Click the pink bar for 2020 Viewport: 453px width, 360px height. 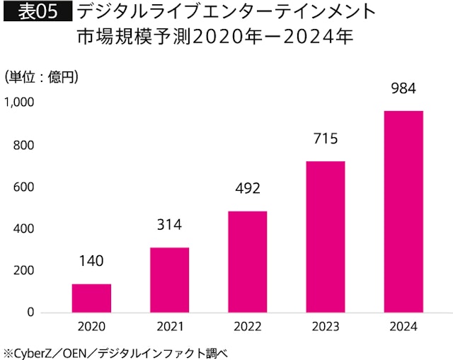(92, 298)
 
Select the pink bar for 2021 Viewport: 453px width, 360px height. (170, 280)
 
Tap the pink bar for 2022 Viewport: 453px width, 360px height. (248, 262)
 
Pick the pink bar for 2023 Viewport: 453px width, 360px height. (326, 237)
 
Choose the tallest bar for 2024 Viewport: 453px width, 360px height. (403, 211)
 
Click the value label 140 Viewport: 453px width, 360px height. (92, 261)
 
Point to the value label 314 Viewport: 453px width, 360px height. (170, 225)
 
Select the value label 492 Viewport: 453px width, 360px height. (248, 189)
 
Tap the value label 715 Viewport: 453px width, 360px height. (326, 139)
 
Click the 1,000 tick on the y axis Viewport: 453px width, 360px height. (19, 103)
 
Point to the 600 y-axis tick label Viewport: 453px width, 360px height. (23, 187)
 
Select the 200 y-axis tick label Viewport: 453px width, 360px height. (23, 271)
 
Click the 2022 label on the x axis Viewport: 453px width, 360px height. (248, 327)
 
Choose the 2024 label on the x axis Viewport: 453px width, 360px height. (403, 327)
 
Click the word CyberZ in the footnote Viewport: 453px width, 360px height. (32, 352)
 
